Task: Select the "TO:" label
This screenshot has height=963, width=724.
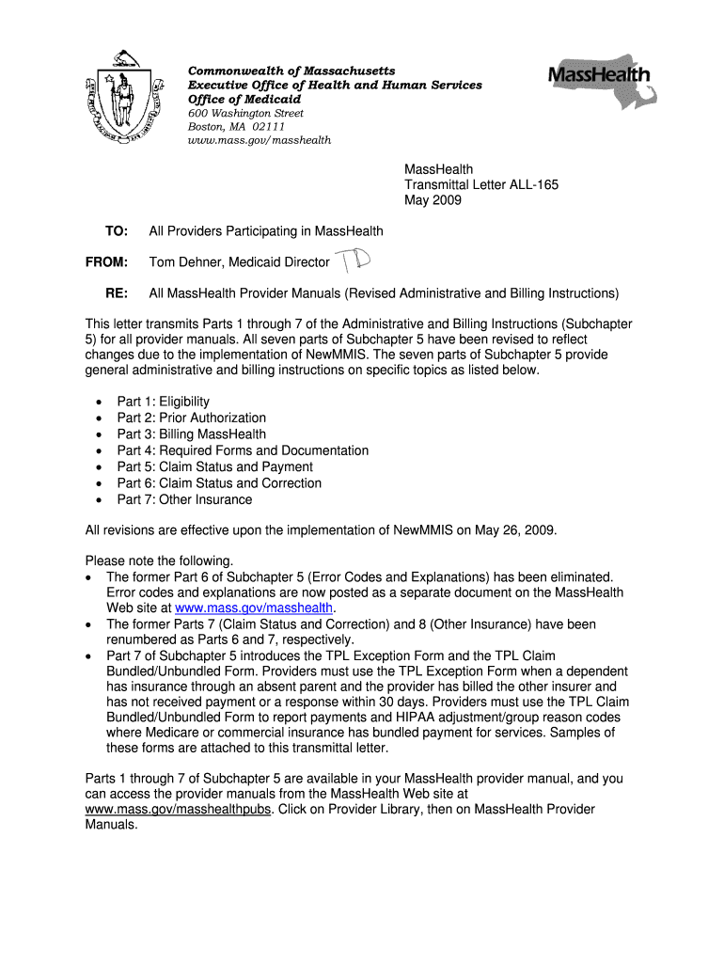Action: [116, 231]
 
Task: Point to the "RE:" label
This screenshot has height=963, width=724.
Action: [117, 293]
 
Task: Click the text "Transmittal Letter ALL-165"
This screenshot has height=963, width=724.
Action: [480, 185]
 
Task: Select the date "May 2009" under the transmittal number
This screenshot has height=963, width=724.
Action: [433, 200]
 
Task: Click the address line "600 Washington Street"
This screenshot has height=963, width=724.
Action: [246, 113]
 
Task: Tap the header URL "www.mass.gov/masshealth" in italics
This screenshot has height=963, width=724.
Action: [260, 140]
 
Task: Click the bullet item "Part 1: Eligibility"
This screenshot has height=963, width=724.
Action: [163, 402]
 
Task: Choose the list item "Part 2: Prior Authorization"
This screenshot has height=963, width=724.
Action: [191, 418]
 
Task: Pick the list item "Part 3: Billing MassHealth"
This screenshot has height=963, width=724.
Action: [191, 434]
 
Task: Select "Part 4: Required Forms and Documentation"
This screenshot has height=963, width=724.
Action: [243, 450]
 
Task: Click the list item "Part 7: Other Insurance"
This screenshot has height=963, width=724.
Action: [184, 499]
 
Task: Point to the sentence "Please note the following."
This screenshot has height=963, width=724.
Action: [159, 560]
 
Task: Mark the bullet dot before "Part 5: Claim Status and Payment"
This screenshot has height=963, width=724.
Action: [101, 467]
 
